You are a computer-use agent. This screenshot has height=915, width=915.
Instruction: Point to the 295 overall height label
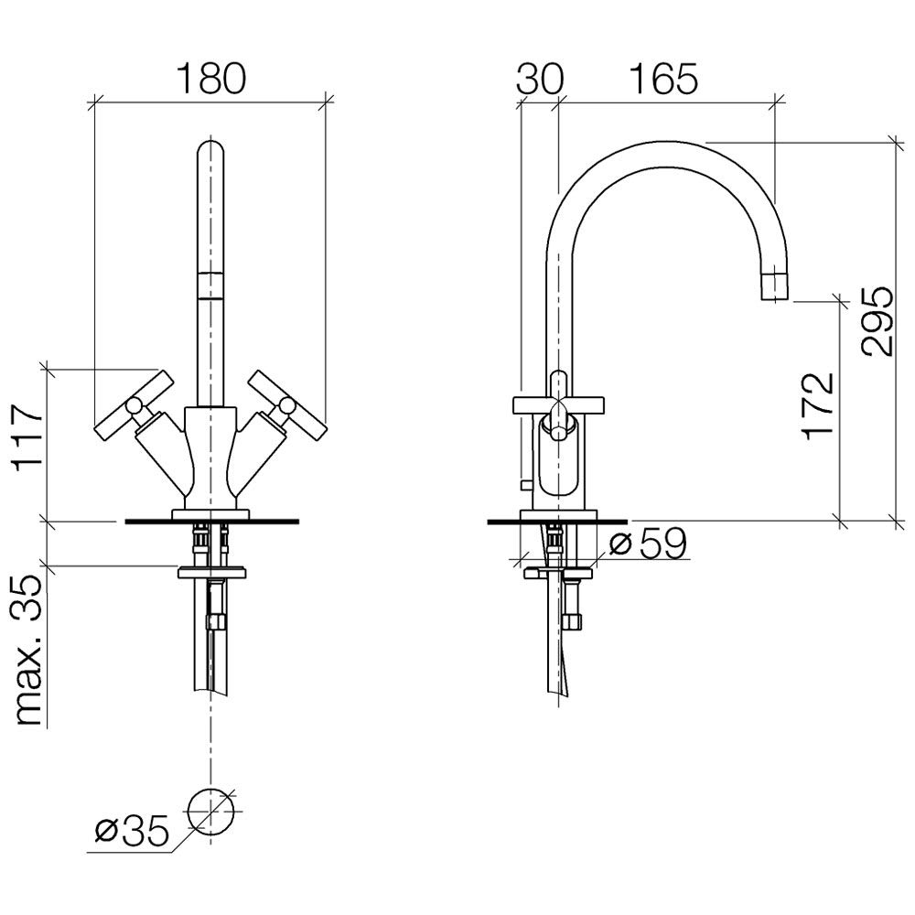click(x=877, y=319)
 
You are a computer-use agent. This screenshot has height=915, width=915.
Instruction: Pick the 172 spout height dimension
click(x=817, y=405)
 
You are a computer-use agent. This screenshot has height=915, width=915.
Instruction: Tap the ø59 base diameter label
click(x=648, y=544)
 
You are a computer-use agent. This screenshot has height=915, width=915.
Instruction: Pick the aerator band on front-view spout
click(x=210, y=285)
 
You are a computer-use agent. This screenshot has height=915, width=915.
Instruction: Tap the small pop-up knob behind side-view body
click(x=523, y=483)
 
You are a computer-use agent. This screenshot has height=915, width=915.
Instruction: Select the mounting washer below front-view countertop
click(x=210, y=571)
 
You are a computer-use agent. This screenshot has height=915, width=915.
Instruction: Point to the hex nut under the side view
click(x=573, y=620)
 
